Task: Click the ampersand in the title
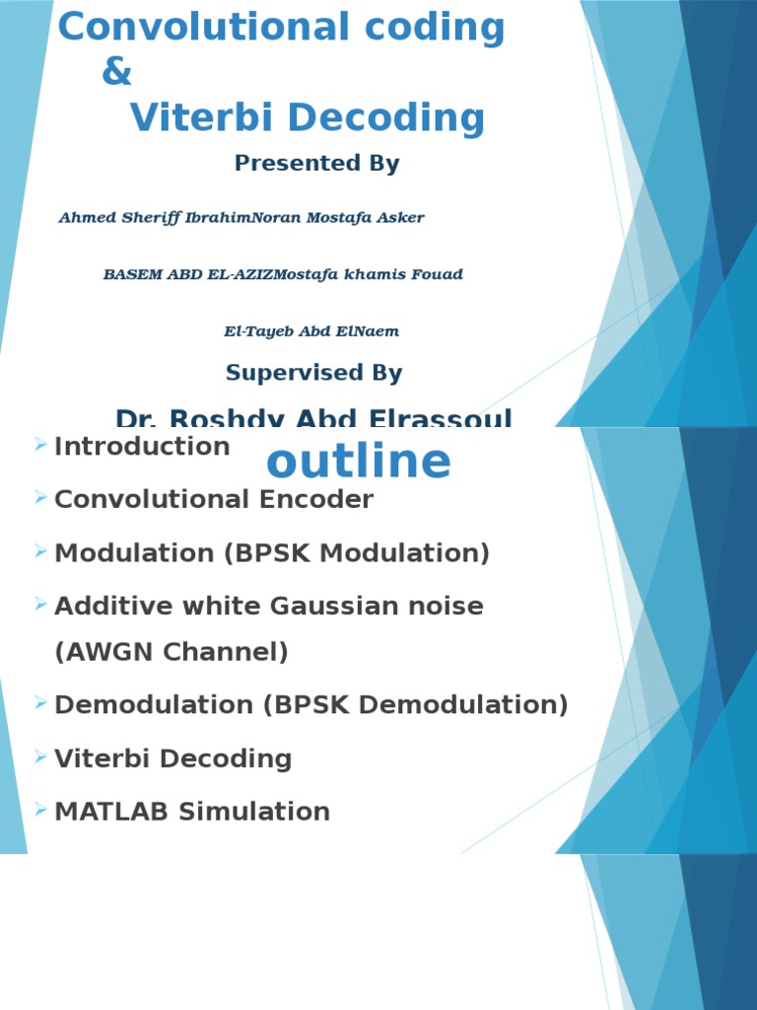116,73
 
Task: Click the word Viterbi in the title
195,118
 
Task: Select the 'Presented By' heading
316,164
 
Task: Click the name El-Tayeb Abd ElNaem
311,332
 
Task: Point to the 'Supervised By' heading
313,373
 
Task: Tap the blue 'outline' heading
359,462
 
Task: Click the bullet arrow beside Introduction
39,446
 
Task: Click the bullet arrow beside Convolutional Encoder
39,499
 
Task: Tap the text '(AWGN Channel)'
172,652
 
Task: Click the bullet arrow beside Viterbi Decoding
39,757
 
